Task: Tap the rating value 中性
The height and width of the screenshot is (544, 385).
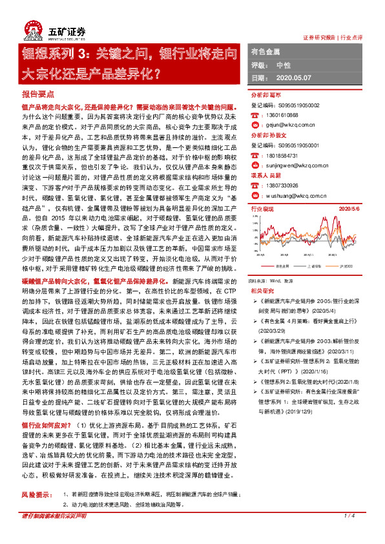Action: [282, 65]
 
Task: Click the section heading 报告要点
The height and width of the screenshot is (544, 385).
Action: [36, 95]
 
